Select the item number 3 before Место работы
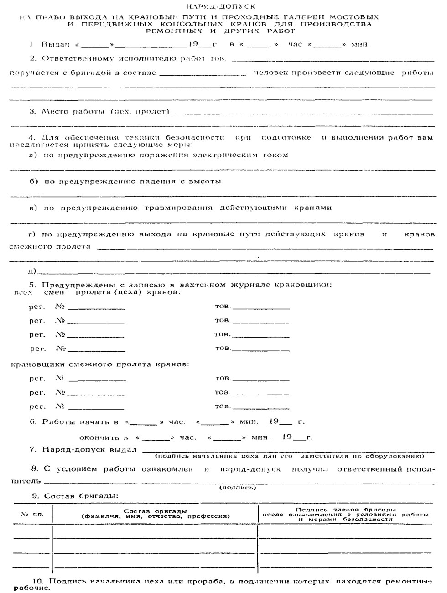pos(32,111)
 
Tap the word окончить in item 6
pos(103,437)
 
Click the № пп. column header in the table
pos(32,514)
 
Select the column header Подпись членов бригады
pos(345,510)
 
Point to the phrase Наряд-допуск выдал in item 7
pos(89,450)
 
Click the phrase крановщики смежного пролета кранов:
pos(100,364)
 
